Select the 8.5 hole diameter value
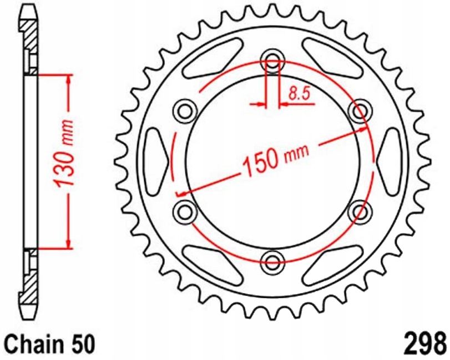click(x=298, y=94)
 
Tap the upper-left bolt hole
click(x=185, y=110)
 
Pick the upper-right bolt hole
click(x=361, y=110)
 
